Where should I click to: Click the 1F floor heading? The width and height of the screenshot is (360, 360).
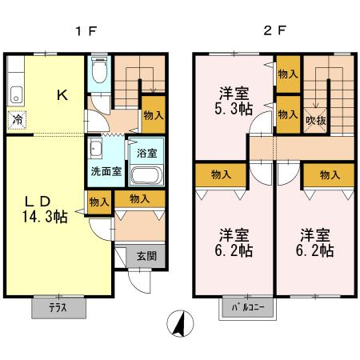86,31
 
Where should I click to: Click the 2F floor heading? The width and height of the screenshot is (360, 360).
274,31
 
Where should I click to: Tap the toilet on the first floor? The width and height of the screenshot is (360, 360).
99,70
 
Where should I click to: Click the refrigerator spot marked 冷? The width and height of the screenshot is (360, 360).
17,120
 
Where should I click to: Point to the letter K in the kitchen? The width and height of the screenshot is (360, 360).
62,95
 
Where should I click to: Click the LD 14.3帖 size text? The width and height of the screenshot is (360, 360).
44,210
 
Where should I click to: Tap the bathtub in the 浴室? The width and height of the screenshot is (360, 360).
146,175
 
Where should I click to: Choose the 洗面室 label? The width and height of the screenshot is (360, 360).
106,171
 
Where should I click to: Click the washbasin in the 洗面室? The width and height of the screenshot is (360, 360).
95,148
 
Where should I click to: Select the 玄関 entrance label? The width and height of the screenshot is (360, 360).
146,256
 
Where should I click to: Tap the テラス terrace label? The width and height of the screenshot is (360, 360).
58,308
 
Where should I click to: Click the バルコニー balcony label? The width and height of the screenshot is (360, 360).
248,307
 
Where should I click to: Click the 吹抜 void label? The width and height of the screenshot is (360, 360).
316,121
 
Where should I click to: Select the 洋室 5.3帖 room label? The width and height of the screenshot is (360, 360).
234,101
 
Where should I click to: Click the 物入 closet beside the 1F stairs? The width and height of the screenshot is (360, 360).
154,114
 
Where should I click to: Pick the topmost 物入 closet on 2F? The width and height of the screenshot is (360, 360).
288,74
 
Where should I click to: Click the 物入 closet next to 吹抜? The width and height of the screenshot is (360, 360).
288,114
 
